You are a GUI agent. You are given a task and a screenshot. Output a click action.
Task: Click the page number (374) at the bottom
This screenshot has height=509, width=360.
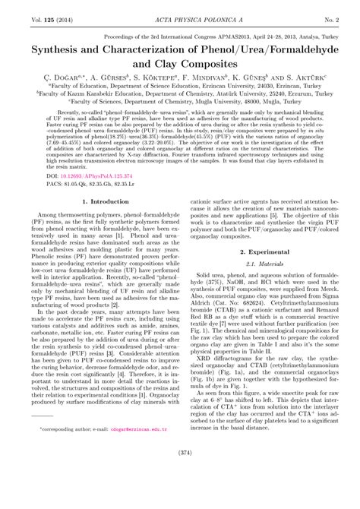click(x=180, y=494)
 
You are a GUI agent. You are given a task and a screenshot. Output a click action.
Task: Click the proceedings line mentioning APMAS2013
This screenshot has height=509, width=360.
click(x=180, y=36)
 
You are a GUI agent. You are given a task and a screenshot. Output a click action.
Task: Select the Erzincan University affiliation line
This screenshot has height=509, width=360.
click(x=180, y=87)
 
